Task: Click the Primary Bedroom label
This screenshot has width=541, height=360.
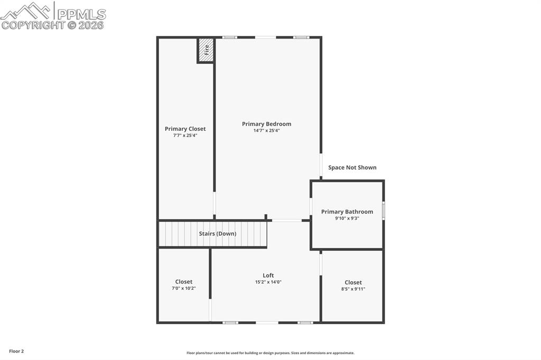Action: click(266, 124)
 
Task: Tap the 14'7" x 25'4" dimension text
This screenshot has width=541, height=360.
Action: click(266, 130)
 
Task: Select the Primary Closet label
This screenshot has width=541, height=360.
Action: click(185, 129)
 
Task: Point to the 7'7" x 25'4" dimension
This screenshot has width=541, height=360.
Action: click(185, 135)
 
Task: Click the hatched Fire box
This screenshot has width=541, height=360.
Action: click(206, 50)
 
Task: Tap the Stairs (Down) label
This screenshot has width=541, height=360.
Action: click(217, 233)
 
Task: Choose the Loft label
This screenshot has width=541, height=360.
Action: click(268, 276)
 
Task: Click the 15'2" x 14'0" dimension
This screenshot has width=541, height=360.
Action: click(268, 282)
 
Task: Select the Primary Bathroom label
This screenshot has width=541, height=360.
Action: click(347, 212)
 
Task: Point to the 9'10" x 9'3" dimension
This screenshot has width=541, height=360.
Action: click(347, 218)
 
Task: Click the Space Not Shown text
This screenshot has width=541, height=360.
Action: click(352, 167)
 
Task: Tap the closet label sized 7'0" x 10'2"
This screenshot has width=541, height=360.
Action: click(184, 282)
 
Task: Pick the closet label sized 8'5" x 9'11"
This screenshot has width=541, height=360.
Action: click(353, 282)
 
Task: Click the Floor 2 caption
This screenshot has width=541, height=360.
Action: click(16, 351)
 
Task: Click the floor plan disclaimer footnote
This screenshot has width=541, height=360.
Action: click(270, 353)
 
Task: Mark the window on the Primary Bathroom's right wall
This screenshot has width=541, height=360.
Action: click(384, 211)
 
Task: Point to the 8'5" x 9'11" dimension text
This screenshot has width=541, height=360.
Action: click(353, 289)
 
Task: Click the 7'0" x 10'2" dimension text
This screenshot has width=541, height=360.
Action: click(184, 288)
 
